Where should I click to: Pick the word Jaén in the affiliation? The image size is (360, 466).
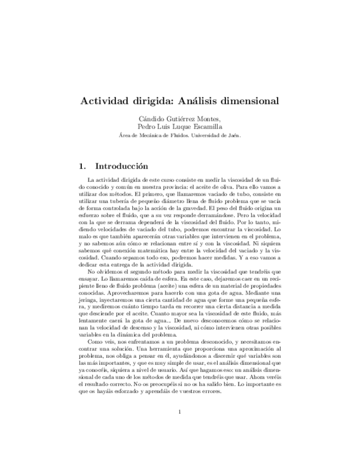(234, 135)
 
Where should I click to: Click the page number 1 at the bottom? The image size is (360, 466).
(180, 427)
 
